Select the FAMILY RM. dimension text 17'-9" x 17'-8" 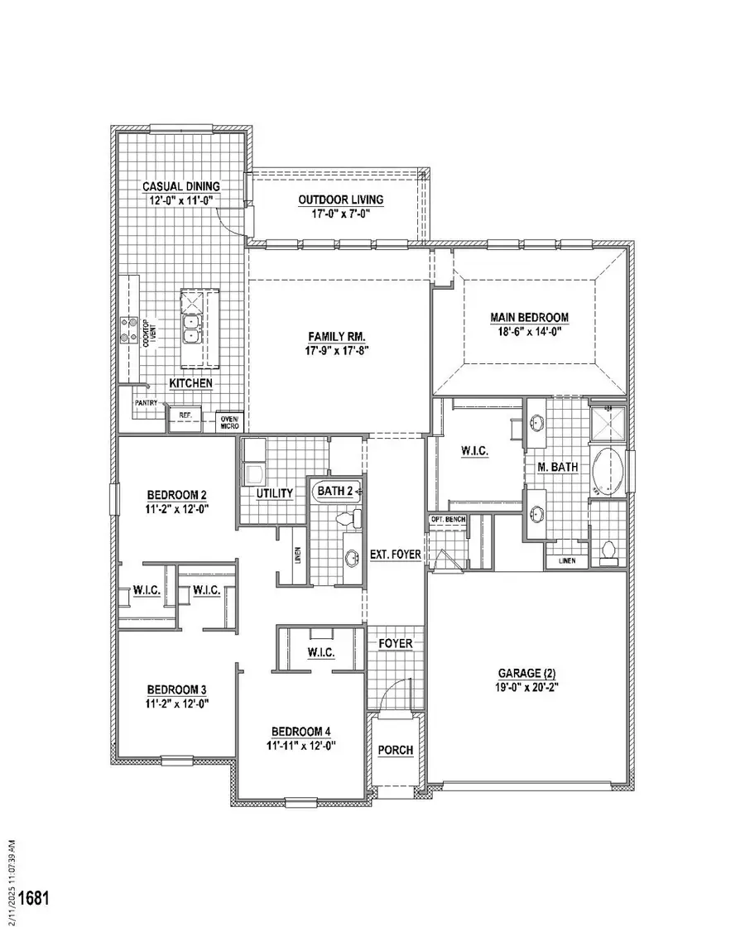tap(337, 350)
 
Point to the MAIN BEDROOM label tap(530, 317)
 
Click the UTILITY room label tap(274, 494)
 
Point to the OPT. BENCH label tap(448, 520)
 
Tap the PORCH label tap(395, 750)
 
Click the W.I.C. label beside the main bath tap(476, 451)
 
